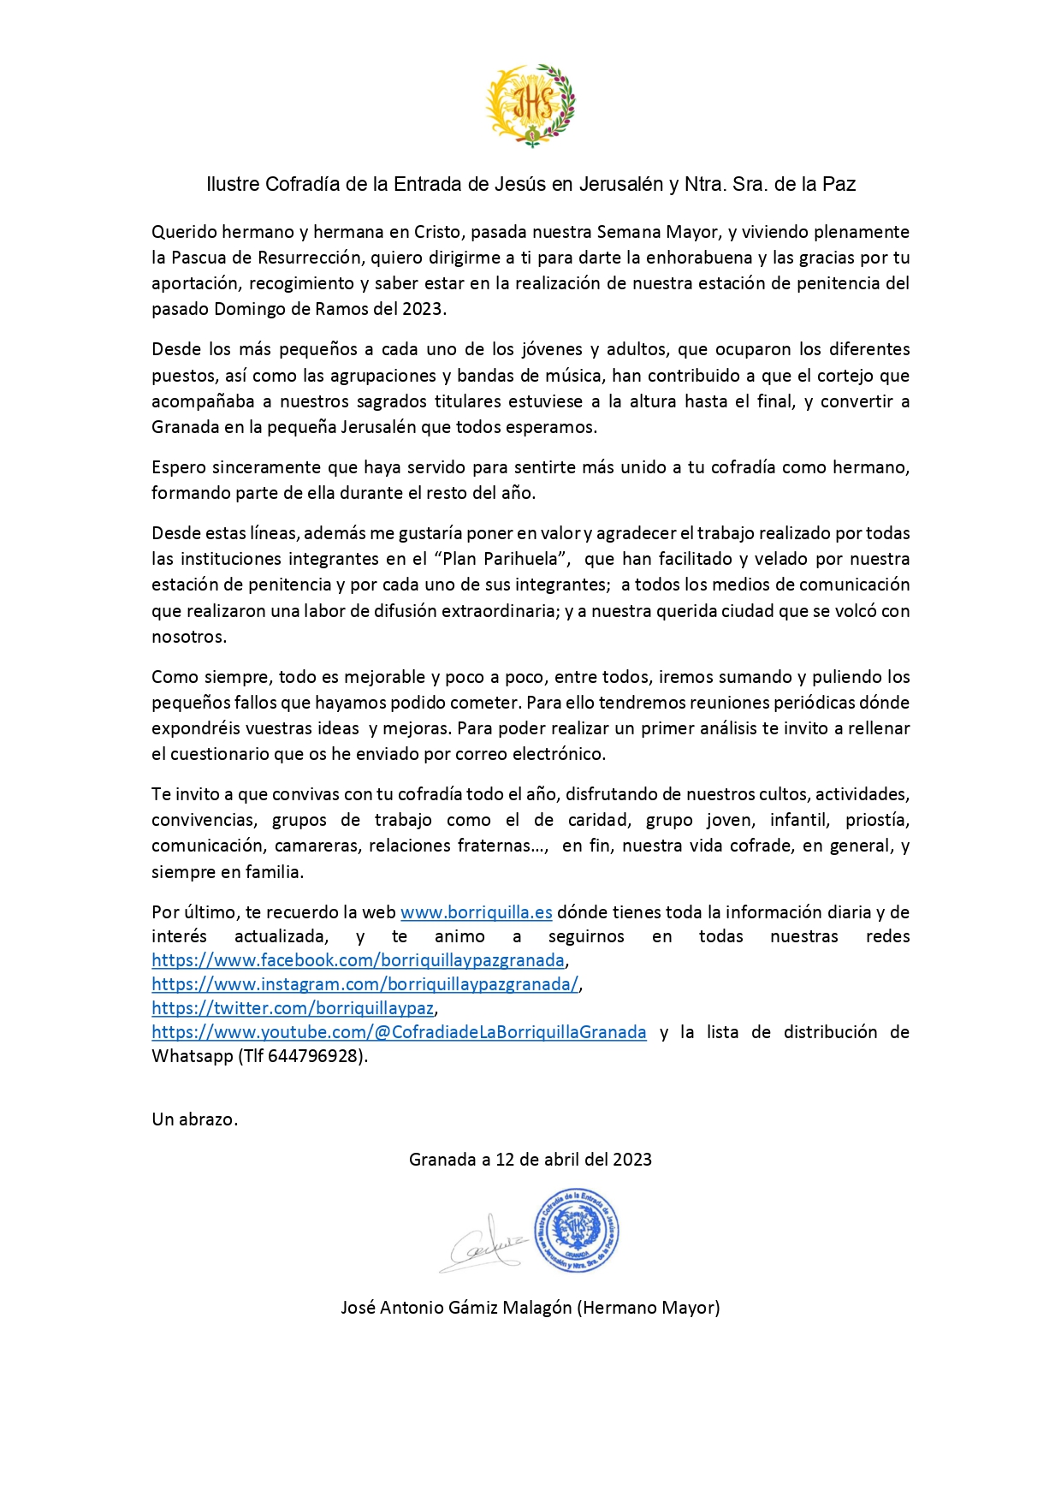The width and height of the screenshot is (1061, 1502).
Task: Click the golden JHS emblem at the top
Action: pyautogui.click(x=530, y=105)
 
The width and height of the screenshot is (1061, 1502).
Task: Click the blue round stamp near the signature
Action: pyautogui.click(x=576, y=1231)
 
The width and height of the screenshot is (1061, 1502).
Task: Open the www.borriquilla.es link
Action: pyautogui.click(x=476, y=912)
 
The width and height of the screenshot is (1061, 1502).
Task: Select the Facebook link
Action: pyautogui.click(x=358, y=960)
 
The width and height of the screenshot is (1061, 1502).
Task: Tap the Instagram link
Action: pyautogui.click(x=365, y=984)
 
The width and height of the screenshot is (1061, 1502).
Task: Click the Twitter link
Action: pyautogui.click(x=293, y=1008)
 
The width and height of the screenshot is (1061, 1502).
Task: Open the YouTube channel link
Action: pyautogui.click(x=399, y=1032)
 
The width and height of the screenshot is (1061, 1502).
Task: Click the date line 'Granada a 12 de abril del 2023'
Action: pyautogui.click(x=530, y=1160)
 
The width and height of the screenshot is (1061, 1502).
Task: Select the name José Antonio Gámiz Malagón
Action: pyautogui.click(x=456, y=1308)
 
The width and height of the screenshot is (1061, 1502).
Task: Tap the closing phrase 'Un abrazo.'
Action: pyautogui.click(x=194, y=1119)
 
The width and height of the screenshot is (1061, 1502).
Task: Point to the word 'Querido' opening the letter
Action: pyautogui.click(x=184, y=232)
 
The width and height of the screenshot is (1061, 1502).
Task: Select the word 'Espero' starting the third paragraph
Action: pyautogui.click(x=178, y=467)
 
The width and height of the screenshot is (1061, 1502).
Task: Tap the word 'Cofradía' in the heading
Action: pyautogui.click(x=302, y=184)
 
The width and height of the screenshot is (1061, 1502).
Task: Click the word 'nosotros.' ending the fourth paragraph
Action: pyautogui.click(x=189, y=637)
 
